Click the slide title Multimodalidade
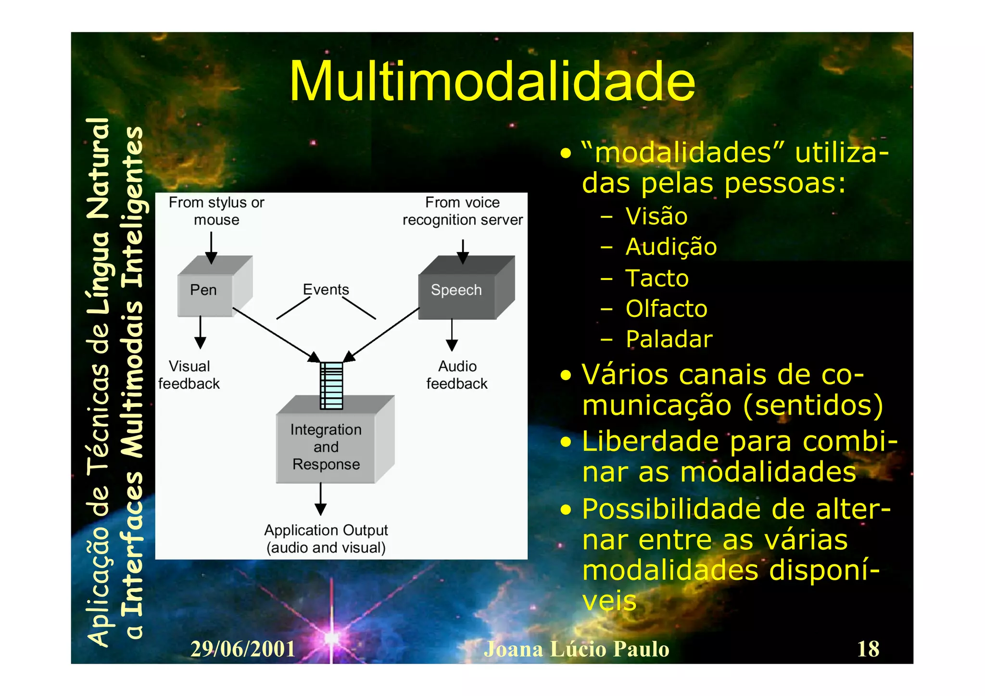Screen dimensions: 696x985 [x=492, y=82]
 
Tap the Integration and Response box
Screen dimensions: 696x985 [x=326, y=447]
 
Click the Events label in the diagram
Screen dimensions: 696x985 [x=326, y=290]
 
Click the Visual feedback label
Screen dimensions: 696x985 [x=189, y=375]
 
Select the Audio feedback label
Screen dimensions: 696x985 [x=457, y=375]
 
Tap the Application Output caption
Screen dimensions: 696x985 [x=326, y=539]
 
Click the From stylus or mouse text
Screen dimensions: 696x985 [x=216, y=211]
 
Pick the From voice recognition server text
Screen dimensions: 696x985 [x=462, y=211]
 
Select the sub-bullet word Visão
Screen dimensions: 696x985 [x=656, y=216]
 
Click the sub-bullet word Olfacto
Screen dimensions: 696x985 [x=666, y=309]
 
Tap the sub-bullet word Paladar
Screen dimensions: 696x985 [x=669, y=340]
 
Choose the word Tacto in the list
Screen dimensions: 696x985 [x=657, y=278]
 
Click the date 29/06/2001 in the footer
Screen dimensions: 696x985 [x=243, y=649]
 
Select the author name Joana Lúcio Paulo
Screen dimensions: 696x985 [x=576, y=649]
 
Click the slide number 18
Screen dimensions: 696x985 [x=868, y=649]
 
